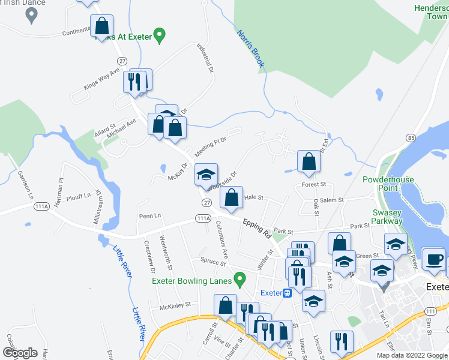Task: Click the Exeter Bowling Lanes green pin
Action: tap(240, 279)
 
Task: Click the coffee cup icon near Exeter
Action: tap(434, 259)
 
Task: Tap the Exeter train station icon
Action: tap(288, 293)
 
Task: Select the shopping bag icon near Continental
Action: tap(102, 26)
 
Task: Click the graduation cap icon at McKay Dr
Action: tap(205, 175)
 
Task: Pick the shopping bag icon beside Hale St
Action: tap(231, 197)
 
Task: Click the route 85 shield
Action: tap(411, 138)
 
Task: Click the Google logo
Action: tap(20, 353)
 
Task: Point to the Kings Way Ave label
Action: tap(101, 79)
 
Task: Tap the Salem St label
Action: tap(332, 200)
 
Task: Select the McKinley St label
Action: tap(175, 305)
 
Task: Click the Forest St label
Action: tap(314, 185)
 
